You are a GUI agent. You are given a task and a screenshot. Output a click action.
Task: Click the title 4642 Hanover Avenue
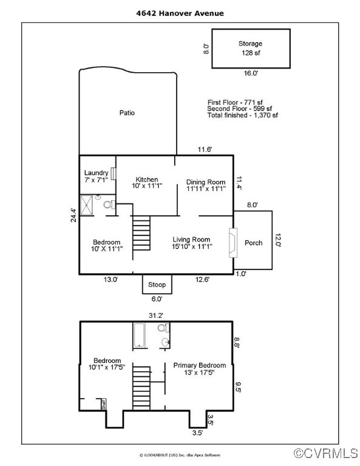click(180, 13)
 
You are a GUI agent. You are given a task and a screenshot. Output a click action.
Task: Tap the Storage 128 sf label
click(250, 48)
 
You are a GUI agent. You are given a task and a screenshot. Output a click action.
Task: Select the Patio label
click(127, 113)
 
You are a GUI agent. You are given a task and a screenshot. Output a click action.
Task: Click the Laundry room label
click(96, 176)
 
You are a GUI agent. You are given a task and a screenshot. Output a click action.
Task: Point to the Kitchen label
click(147, 183)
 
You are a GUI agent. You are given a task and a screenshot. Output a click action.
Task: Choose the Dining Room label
click(206, 185)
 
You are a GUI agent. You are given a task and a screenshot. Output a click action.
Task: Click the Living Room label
click(192, 243)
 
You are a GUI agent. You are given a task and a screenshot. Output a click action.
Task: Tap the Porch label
click(254, 243)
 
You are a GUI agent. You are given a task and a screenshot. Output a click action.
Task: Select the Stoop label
click(157, 285)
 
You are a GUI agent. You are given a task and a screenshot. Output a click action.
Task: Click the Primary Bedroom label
click(200, 369)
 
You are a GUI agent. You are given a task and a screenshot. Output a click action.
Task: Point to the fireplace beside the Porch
click(233, 243)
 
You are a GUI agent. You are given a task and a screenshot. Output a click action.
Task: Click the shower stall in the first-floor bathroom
click(86, 204)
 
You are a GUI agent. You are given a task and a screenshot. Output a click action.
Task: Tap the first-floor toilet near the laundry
click(109, 204)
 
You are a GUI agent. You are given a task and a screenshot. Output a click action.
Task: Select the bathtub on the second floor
click(139, 335)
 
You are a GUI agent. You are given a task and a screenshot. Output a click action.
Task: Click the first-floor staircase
click(141, 234)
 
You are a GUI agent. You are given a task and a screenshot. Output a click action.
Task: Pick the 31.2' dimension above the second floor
click(156, 316)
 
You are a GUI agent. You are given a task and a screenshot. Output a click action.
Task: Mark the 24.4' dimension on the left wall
click(73, 215)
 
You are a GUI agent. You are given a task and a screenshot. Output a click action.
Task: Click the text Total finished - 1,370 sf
click(243, 115)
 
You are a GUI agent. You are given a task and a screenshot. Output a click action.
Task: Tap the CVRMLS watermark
click(326, 453)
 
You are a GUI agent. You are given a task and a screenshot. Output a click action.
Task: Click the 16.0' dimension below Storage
click(251, 73)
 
